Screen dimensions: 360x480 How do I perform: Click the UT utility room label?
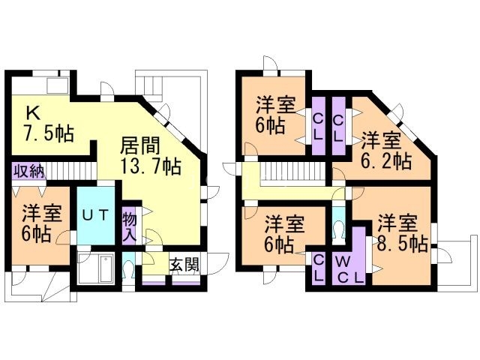click(97, 215)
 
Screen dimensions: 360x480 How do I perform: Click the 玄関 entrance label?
click(183, 265)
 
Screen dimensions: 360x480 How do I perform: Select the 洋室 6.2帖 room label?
click(385, 150)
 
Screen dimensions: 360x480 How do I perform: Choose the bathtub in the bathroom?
click(97, 268)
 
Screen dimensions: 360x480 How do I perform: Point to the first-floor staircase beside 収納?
click(70, 171)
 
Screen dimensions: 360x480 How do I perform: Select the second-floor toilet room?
click(339, 224)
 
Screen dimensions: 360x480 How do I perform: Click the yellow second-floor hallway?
click(300, 193)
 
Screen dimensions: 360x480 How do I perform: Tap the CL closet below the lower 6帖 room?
click(319, 266)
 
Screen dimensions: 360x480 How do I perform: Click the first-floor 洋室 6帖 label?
click(35, 223)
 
